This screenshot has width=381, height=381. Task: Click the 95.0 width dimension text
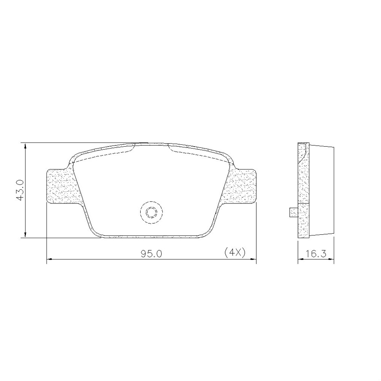click(x=151, y=254)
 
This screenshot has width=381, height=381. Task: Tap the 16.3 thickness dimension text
click(x=316, y=254)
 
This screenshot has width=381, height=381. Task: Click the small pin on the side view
click(x=293, y=212)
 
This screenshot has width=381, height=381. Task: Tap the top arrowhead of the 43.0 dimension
click(x=25, y=146)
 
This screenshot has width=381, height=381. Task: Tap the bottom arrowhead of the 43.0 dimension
click(x=25, y=234)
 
